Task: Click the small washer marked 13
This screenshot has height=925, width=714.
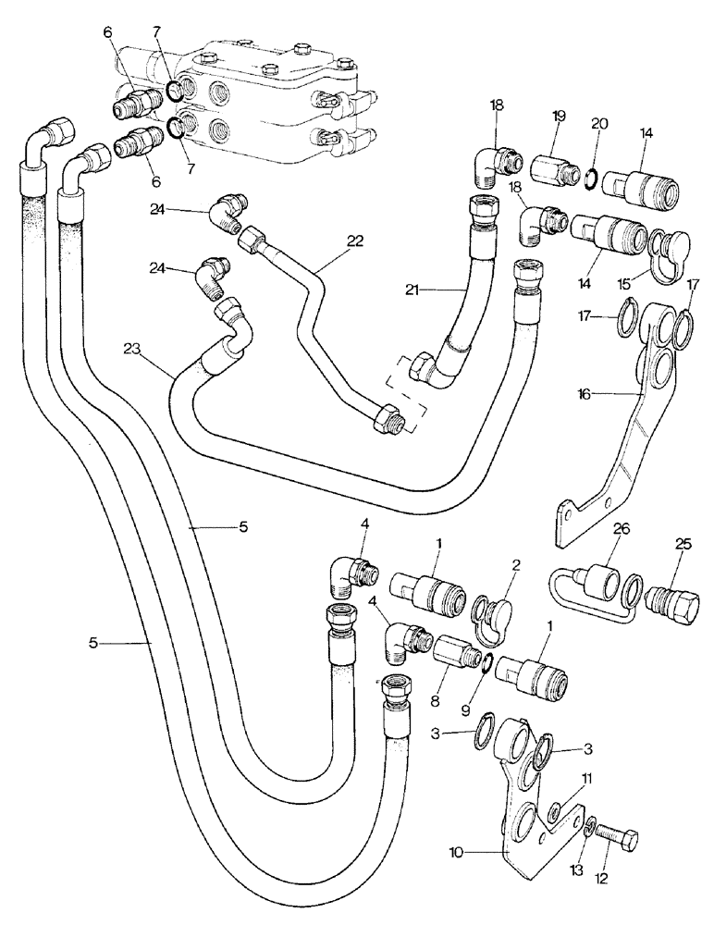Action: [x=588, y=827]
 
